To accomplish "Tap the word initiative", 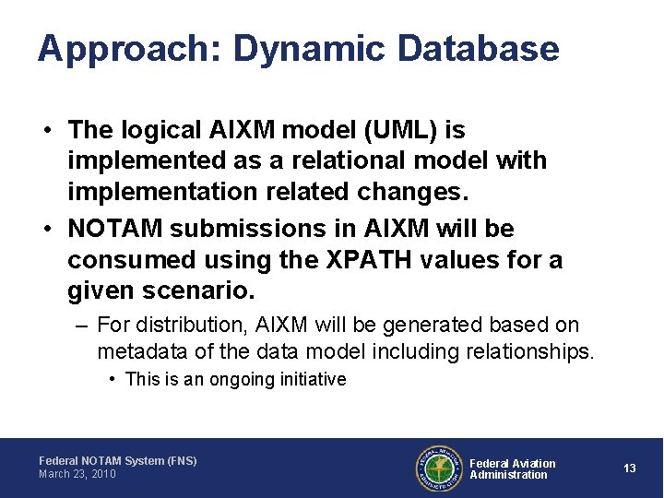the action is (313, 379).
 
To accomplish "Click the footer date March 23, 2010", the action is (77, 474).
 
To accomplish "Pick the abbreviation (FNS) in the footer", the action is (182, 460).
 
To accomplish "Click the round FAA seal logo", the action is (438, 468).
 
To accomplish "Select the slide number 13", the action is (629, 468).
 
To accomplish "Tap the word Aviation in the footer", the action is (534, 463).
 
